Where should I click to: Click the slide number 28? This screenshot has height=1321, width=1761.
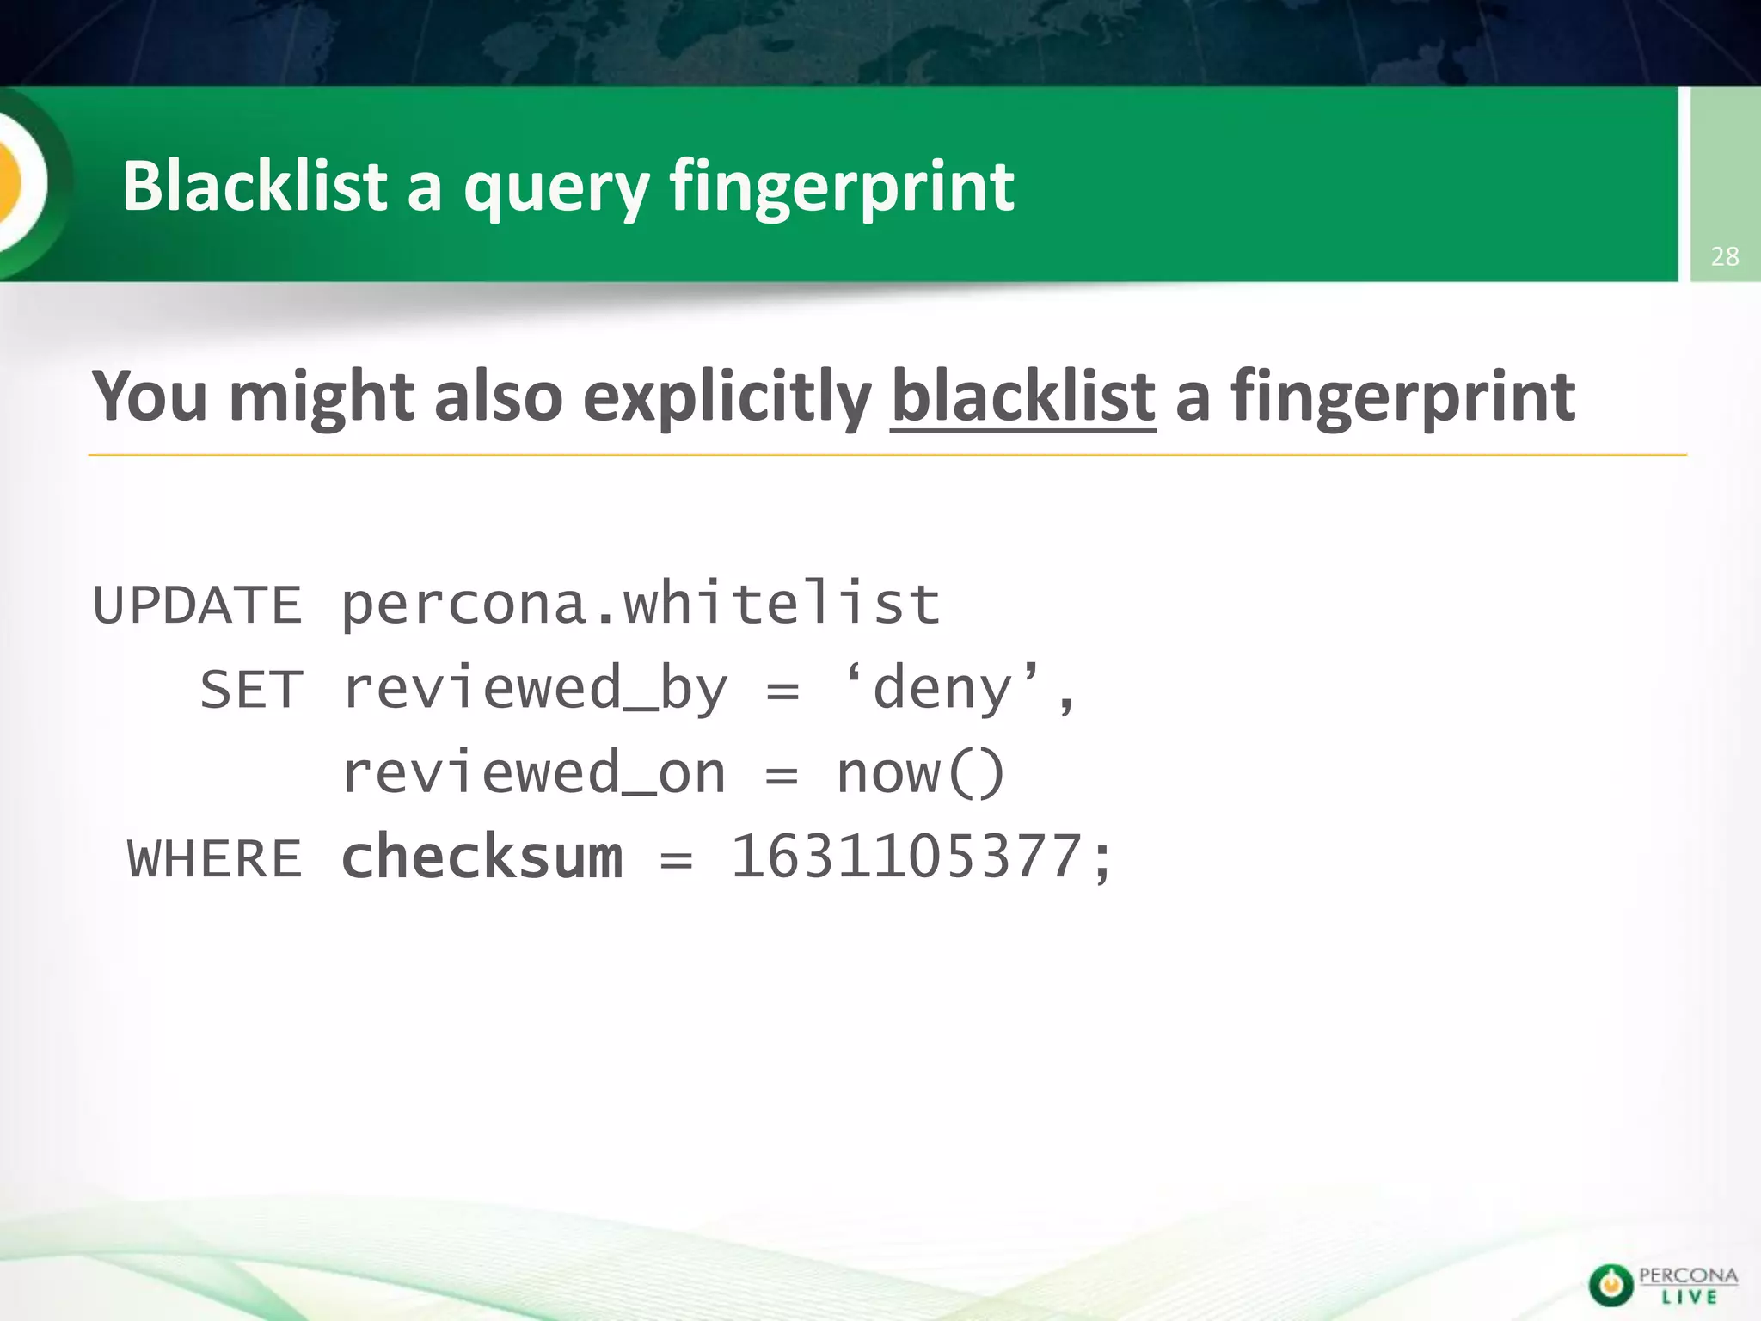1725,256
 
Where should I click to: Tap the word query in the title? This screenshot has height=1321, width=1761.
556,189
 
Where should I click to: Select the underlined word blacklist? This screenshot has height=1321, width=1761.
1022,396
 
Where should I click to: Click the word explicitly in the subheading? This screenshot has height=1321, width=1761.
727,398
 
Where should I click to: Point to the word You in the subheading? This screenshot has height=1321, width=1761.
150,396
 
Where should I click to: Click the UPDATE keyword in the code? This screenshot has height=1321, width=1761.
197,605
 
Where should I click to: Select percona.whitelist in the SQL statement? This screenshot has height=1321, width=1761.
641,604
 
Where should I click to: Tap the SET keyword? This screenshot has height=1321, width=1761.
251,690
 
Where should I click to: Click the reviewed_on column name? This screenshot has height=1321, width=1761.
534,773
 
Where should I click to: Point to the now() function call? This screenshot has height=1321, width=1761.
920,773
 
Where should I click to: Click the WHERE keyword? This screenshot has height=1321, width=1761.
215,858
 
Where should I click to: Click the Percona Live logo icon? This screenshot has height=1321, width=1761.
1610,1285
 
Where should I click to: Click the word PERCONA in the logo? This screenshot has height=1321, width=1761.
1688,1275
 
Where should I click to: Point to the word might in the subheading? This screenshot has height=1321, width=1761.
322,398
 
